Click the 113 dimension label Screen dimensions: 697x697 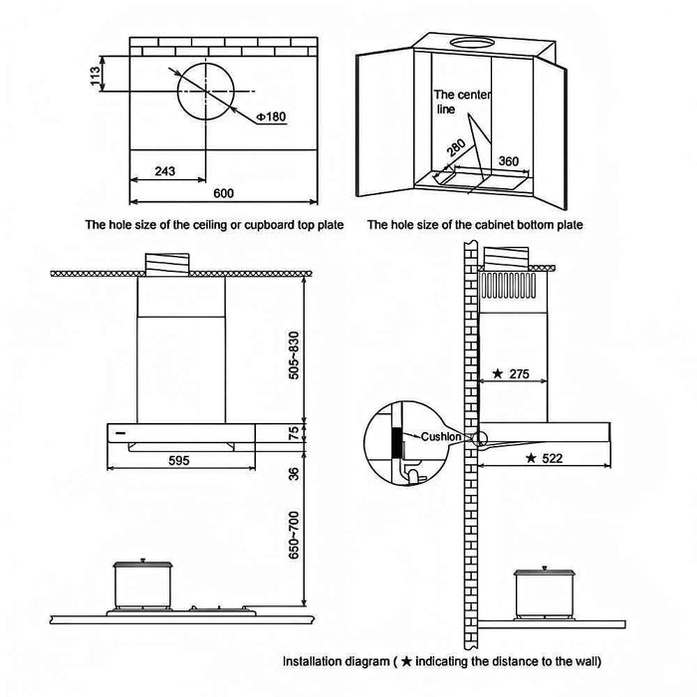(96, 76)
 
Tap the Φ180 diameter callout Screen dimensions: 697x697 (271, 116)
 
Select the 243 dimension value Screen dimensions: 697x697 (165, 171)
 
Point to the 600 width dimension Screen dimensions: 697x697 (223, 193)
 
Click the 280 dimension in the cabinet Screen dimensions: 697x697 (456, 147)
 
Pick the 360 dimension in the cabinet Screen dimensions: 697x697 (509, 161)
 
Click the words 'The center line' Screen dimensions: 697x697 (462, 102)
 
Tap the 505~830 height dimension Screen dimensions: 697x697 (294, 355)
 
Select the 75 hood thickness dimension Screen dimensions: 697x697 (294, 433)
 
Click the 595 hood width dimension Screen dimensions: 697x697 (178, 460)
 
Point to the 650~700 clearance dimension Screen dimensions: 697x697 (294, 536)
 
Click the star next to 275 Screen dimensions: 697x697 (498, 373)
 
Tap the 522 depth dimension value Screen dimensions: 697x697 (553, 458)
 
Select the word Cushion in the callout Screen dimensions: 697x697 (441, 437)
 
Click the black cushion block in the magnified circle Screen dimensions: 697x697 (396, 444)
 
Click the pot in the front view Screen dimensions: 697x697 (142, 584)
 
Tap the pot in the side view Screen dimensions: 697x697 (545, 592)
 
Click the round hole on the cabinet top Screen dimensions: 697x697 (472, 43)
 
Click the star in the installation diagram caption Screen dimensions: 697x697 (406, 661)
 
